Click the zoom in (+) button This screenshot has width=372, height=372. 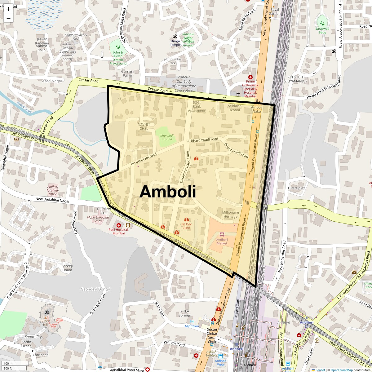pyautogui.click(x=8, y=9)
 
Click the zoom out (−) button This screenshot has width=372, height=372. pyautogui.click(x=8, y=18)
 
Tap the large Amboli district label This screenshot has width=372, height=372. pyautogui.click(x=168, y=192)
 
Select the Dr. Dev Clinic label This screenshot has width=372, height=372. pyautogui.click(x=186, y=226)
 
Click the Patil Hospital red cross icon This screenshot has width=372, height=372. pyautogui.click(x=119, y=225)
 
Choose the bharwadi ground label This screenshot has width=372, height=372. pyautogui.click(x=166, y=137)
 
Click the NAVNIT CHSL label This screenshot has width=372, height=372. pyautogui.click(x=144, y=126)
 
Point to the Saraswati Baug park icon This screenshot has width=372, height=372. pyautogui.click(x=322, y=23)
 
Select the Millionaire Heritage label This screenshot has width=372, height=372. pyautogui.click(x=231, y=215)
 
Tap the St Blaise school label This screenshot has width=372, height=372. pyautogui.click(x=235, y=108)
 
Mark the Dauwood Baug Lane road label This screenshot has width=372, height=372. pyautogui.click(x=184, y=167)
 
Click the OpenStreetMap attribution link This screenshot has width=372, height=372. pyautogui.click(x=341, y=370)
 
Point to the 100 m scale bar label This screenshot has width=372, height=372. pyautogui.click(x=8, y=363)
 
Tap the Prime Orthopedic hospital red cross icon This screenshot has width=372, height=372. pyautogui.click(x=250, y=77)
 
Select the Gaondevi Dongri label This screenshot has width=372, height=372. pyautogui.click(x=95, y=289)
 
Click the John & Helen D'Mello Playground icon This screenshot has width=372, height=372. pyautogui.click(x=118, y=46)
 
